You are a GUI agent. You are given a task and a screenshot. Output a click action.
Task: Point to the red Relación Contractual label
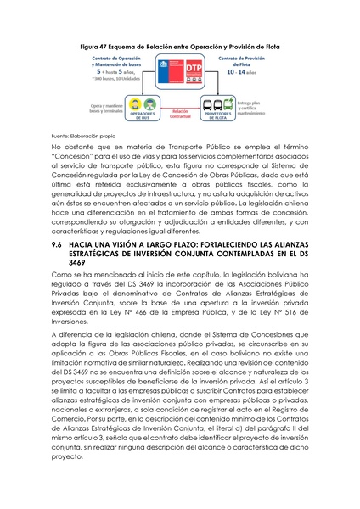click(x=179, y=113)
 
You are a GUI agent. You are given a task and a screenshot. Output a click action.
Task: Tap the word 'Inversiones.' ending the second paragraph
click(x=71, y=322)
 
